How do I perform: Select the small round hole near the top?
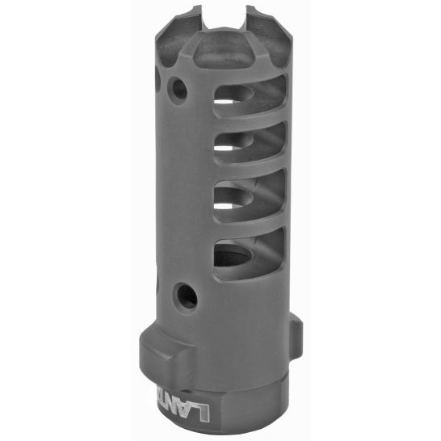[177, 86]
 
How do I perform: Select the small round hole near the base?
[187, 296]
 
